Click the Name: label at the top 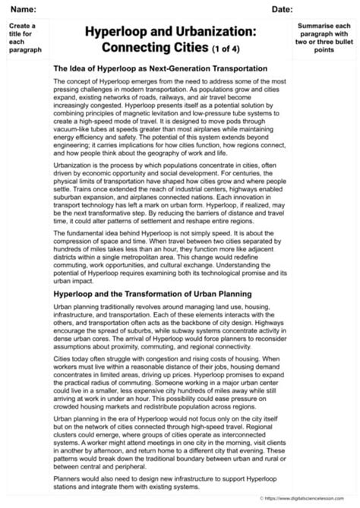[x=24, y=8]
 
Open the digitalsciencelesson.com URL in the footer [x=311, y=498]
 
